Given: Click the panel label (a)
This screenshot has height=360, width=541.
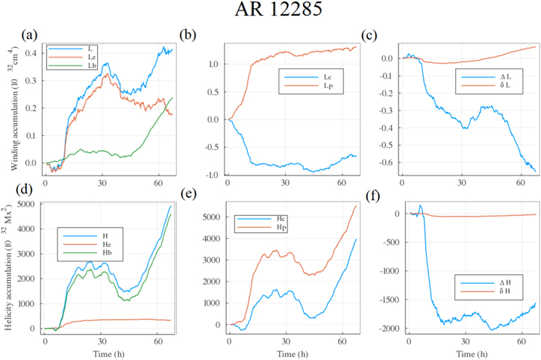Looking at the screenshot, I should click(x=31, y=34).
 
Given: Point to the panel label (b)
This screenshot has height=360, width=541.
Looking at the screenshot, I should click(x=190, y=34).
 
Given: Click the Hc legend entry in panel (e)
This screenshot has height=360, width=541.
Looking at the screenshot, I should click(x=260, y=217).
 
